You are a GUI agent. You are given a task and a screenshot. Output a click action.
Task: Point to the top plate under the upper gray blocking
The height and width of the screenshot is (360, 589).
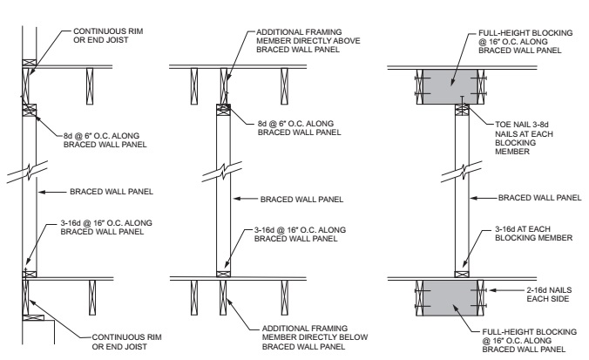point(463,107)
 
